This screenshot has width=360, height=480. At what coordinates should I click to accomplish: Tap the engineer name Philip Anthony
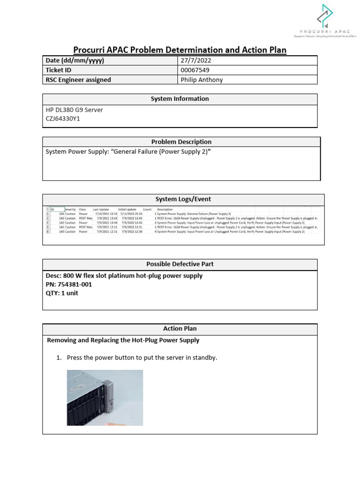[202, 80]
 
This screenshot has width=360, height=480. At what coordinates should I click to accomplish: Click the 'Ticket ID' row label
[58, 70]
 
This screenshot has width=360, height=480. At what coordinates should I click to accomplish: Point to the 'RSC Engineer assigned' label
[78, 80]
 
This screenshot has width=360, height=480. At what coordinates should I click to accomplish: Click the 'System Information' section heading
[180, 99]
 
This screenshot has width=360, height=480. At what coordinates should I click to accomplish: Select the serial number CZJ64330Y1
[63, 119]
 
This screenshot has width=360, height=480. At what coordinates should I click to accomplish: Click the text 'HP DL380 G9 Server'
[74, 110]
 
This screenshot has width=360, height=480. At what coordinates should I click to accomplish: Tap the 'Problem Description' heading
[181, 142]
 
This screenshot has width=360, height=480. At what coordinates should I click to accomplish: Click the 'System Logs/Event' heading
[180, 199]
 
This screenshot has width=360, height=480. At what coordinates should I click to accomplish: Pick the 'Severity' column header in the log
[70, 210]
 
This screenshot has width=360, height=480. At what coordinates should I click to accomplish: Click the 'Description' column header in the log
[165, 210]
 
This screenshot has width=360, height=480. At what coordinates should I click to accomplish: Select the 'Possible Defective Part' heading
[180, 264]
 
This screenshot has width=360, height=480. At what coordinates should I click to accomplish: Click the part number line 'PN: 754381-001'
[69, 285]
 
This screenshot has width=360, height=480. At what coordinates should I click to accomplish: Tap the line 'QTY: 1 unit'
[62, 293]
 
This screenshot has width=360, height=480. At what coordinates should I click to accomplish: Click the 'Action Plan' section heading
[180, 329]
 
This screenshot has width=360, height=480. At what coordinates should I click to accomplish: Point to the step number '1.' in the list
[59, 358]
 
